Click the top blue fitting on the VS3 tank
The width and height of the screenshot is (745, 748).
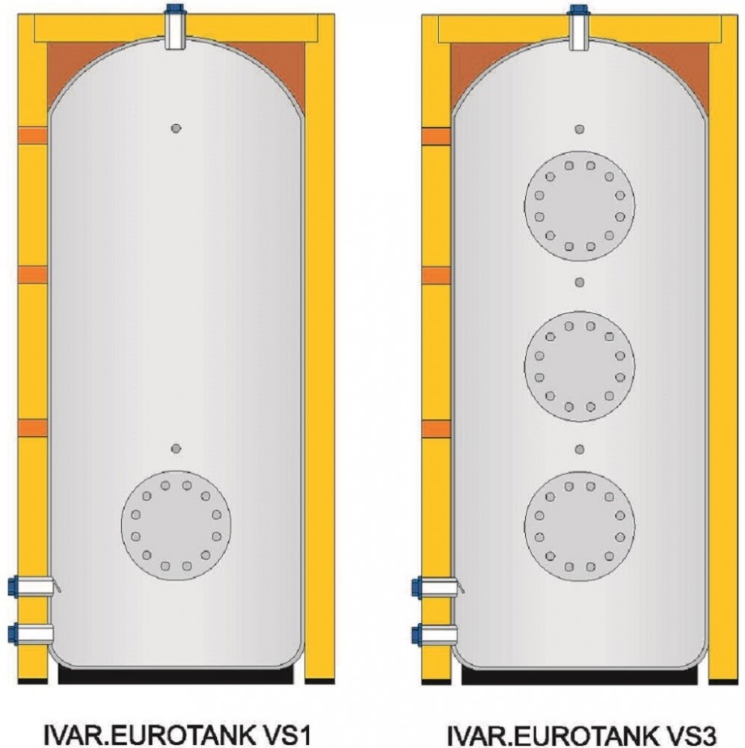click(x=578, y=9)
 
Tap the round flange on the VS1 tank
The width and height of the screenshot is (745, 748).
click(x=176, y=526)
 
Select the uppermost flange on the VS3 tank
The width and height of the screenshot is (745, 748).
click(x=580, y=206)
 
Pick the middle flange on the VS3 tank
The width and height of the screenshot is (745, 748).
click(x=580, y=367)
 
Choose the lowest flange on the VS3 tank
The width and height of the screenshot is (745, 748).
click(x=580, y=527)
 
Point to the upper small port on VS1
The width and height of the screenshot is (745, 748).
click(x=176, y=129)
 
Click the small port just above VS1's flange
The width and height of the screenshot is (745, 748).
click(x=176, y=448)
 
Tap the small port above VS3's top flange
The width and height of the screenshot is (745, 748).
click(x=580, y=129)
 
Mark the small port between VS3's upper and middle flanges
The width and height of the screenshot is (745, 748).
click(x=580, y=283)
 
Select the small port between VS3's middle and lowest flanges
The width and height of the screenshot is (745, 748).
click(x=580, y=450)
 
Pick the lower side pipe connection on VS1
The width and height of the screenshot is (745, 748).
click(x=31, y=634)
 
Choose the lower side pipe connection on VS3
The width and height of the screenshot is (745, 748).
click(x=435, y=635)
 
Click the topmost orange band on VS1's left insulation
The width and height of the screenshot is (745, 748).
click(x=33, y=135)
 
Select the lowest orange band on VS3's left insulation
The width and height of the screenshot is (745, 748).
click(x=436, y=429)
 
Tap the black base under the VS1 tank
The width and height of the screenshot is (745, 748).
click(x=176, y=675)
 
